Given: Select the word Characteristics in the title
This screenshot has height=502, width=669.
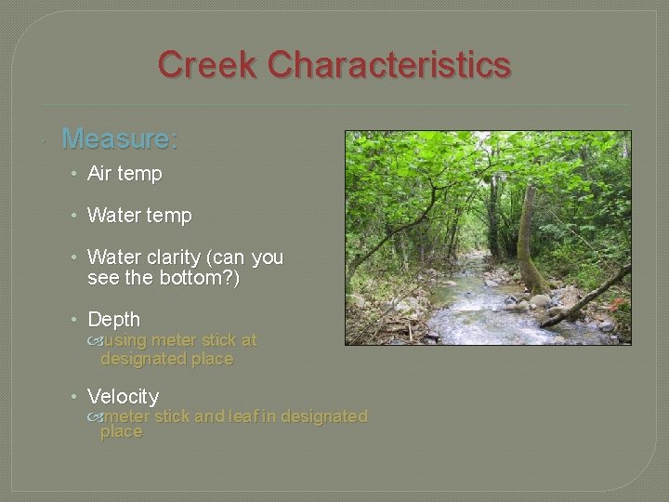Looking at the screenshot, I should pyautogui.click(x=390, y=65).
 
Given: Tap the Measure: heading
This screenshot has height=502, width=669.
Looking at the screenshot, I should pyautogui.click(x=119, y=139).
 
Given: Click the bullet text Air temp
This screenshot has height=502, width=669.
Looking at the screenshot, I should pyautogui.click(x=125, y=174).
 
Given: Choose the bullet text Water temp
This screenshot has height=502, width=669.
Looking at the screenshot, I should pyautogui.click(x=139, y=216).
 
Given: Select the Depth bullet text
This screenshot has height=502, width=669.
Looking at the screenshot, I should pyautogui.click(x=113, y=320).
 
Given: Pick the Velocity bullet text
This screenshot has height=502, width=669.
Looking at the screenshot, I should pyautogui.click(x=123, y=397).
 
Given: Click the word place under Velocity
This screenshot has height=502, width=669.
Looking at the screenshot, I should pyautogui.click(x=122, y=432).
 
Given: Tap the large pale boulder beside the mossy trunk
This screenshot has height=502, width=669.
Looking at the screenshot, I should pyautogui.click(x=565, y=298).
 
